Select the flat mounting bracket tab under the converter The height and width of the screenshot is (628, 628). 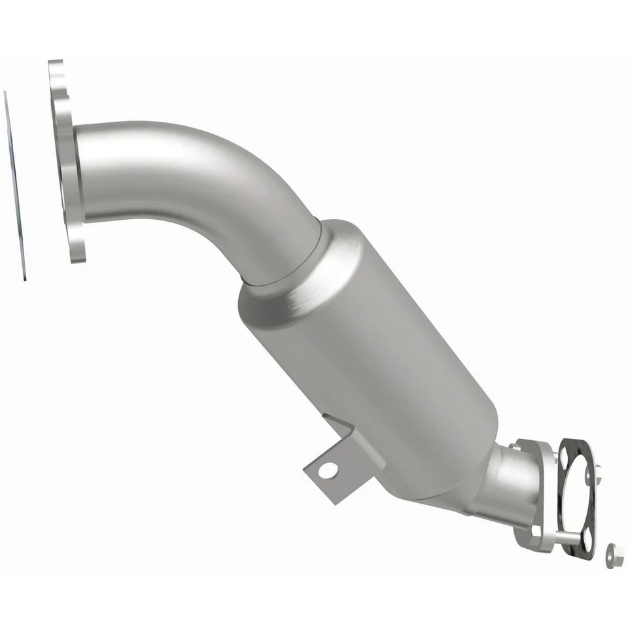coord(327,474)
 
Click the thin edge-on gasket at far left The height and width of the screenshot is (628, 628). coord(16,186)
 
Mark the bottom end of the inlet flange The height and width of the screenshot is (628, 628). coord(77,252)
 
